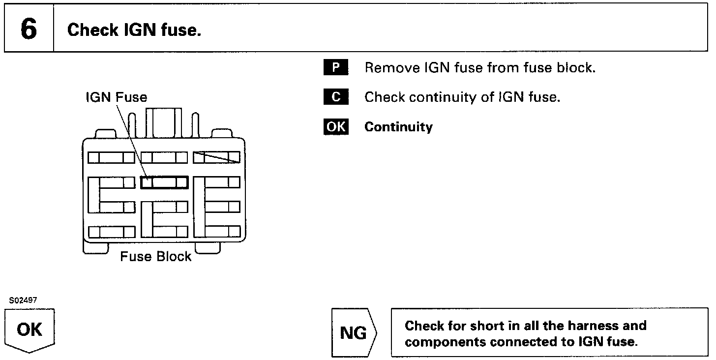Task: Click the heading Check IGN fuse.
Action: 134,30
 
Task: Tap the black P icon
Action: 335,67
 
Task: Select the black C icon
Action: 335,97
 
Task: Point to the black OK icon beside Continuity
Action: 335,126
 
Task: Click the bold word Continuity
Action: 398,127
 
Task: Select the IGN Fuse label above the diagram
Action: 116,97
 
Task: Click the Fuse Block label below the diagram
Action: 155,256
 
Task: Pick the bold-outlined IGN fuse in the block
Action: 164,182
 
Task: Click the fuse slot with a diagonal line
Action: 216,157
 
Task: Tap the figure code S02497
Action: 23,300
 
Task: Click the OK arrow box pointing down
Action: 30,330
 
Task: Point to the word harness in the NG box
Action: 595,326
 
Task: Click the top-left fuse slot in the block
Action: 111,157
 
